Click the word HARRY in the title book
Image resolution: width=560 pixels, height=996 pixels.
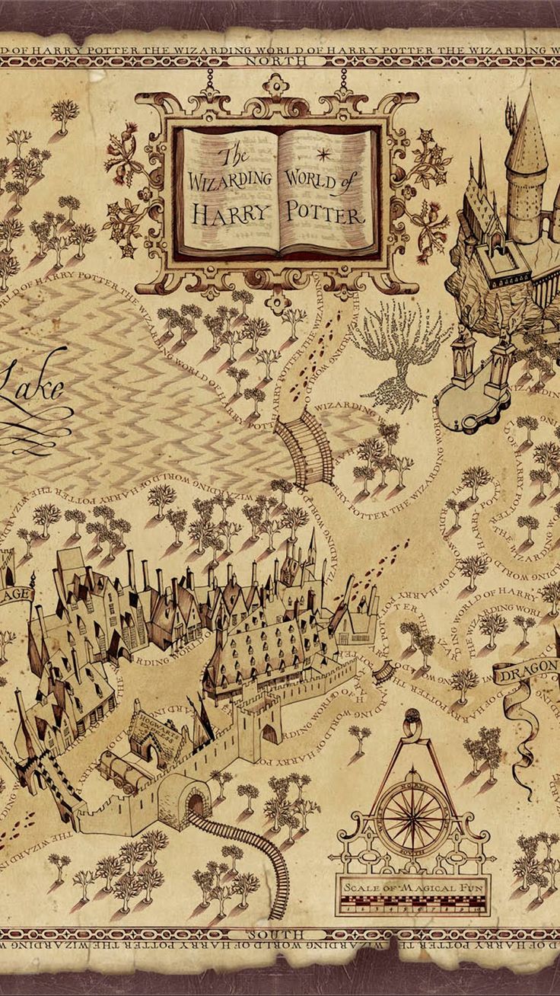[x=229, y=212]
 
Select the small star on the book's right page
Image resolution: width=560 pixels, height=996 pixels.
[x=323, y=154]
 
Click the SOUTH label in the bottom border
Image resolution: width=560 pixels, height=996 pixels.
[x=280, y=934]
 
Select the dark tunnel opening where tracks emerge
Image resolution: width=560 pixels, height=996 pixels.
[x=196, y=803]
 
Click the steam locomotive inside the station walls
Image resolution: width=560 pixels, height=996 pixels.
[x=126, y=765]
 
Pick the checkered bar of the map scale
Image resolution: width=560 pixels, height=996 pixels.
[x=414, y=905]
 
